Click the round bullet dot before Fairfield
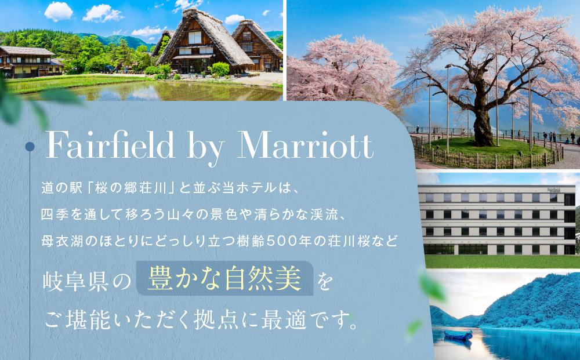(x=28, y=148)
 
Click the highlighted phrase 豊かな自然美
(x=224, y=279)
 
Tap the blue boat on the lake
(x=456, y=334)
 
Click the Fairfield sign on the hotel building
(x=553, y=190)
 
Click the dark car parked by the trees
(x=109, y=68)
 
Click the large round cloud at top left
(x=58, y=10)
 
